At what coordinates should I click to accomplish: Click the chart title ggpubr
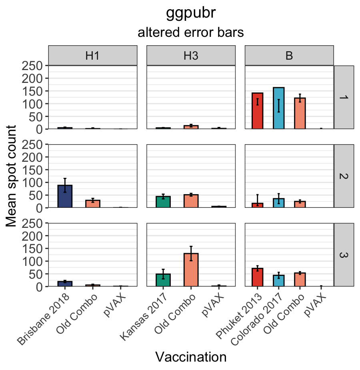(x=191, y=13)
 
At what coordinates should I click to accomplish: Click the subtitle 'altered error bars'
(x=191, y=33)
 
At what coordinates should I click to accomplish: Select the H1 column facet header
(x=92, y=56)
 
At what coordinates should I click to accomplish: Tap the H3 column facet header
(x=191, y=56)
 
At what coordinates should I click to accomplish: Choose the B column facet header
(x=289, y=56)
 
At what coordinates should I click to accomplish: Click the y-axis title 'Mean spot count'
(x=12, y=176)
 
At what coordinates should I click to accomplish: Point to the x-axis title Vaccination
(x=191, y=357)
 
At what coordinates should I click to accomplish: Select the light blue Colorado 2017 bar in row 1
(x=279, y=108)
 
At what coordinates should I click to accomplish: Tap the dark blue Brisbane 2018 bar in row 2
(x=65, y=196)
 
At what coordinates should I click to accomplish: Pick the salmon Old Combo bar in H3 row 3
(x=191, y=270)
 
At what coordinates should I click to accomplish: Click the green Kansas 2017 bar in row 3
(x=163, y=280)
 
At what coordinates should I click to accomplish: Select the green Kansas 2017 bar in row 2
(x=163, y=202)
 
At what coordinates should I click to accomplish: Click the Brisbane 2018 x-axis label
(x=45, y=318)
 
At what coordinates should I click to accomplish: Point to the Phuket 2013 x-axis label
(x=240, y=318)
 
